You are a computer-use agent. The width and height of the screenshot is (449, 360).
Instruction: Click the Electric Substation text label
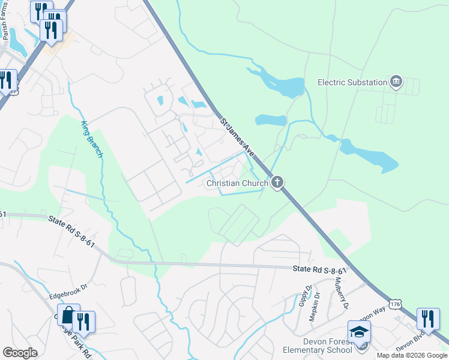point(352,82)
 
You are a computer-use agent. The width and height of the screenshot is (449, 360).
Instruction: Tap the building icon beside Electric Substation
point(396,82)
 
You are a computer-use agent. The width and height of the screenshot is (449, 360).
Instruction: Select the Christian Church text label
point(237,183)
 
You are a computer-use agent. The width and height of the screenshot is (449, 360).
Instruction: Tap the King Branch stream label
point(92,139)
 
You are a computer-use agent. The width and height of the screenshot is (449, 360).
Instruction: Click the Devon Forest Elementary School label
point(319,346)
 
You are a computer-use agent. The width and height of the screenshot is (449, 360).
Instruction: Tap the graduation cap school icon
point(359,332)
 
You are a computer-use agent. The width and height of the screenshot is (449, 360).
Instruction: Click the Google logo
point(20,352)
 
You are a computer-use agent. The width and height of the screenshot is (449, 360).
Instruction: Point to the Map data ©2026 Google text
point(411,355)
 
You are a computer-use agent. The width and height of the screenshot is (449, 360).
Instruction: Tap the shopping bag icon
point(69,316)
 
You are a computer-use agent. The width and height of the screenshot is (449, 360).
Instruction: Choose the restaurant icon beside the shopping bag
point(83,322)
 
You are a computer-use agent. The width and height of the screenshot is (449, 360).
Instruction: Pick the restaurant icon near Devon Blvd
point(428,319)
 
